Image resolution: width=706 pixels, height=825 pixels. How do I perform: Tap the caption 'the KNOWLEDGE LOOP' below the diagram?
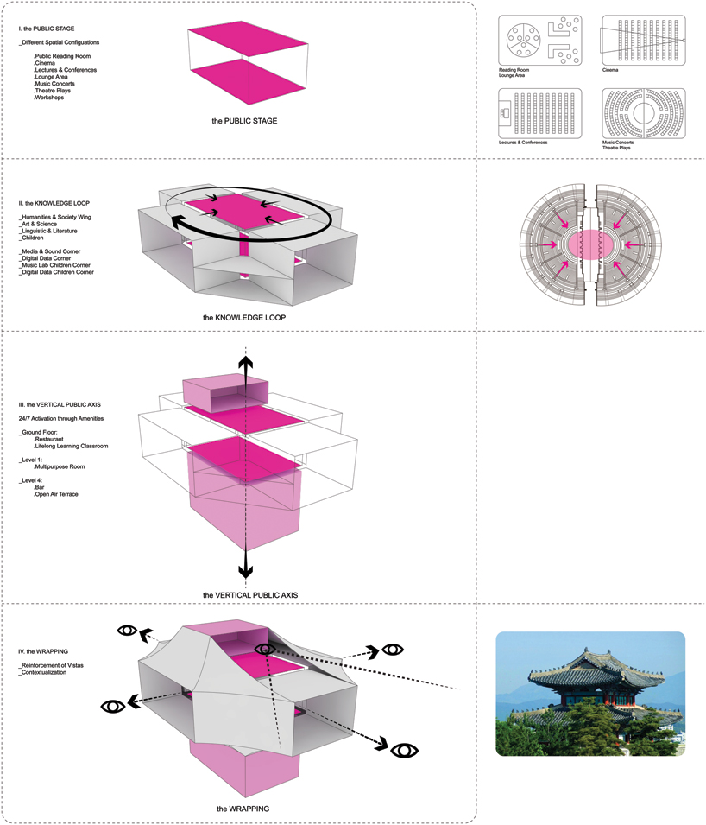coord(244,318)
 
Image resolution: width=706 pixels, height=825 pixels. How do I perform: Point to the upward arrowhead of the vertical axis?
coord(246,364)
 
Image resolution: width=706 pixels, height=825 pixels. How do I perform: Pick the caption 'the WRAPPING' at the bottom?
coord(243,809)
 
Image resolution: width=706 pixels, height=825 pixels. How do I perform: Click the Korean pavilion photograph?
coord(590,694)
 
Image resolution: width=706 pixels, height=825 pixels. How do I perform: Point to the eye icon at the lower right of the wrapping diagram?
coord(404,750)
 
